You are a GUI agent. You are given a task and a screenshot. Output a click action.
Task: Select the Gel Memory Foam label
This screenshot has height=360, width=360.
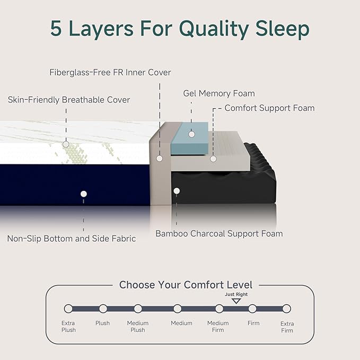pos(219,94)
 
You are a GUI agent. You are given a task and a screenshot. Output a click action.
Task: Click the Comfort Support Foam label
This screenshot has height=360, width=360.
pos(269,108)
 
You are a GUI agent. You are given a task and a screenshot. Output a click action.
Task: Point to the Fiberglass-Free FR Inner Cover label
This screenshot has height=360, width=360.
pos(110,72)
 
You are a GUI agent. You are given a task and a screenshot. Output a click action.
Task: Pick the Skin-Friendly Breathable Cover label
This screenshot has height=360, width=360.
pos(69,100)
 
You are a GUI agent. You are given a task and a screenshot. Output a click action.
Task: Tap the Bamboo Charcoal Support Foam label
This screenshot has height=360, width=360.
pos(219,233)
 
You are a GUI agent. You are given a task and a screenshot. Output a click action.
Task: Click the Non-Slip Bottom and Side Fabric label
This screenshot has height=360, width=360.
pos(72,239)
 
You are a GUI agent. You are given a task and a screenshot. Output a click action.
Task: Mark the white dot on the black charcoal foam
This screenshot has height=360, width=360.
pos(177,190)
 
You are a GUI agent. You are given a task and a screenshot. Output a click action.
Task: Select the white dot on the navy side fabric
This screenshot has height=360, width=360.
pos(83,194)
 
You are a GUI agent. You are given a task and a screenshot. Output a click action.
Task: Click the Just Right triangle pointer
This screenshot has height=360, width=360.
pos(236,301)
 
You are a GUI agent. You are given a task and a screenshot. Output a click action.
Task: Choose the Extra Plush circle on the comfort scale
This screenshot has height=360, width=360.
pos(68,309)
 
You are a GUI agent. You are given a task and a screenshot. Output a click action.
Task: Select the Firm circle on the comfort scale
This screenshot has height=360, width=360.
pos(252,309)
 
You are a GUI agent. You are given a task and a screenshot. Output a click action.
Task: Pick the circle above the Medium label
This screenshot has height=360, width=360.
pos(177,309)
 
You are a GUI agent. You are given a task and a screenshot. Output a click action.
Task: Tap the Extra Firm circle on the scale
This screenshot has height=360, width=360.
pos(286,309)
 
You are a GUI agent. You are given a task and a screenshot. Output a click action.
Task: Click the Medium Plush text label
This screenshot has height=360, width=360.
pos(137,326)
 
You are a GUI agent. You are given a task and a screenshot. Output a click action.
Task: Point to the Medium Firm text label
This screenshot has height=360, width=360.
pos(218,326)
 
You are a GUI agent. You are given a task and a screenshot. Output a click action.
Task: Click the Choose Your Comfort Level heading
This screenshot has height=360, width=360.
pos(186,285)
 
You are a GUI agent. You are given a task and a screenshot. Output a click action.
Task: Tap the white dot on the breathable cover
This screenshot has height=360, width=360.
pos(66,144)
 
